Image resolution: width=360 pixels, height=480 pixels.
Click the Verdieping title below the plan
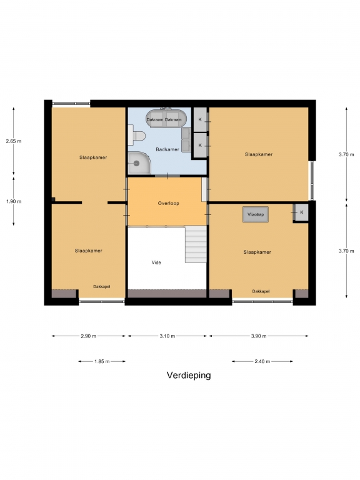point(189,375)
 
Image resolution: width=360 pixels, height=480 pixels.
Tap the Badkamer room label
point(167,149)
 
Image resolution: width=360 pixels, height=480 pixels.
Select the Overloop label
point(168,203)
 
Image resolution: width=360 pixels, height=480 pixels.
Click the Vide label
point(156,262)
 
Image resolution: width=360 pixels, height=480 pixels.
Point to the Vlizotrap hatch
point(256,214)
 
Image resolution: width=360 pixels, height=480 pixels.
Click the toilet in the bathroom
point(136,135)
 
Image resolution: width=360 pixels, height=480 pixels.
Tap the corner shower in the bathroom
point(139,163)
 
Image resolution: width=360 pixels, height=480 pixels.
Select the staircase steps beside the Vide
point(196,244)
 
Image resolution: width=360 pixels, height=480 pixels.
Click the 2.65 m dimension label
point(14,141)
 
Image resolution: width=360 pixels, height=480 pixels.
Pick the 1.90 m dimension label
point(14,201)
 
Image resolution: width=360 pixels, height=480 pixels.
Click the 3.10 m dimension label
point(167,336)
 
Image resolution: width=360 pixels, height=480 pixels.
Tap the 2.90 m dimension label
point(89,336)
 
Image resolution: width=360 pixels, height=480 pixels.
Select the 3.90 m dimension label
point(259,336)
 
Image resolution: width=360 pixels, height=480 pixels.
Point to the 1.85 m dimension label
point(102,361)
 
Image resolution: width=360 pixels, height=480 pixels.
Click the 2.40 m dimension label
point(262,361)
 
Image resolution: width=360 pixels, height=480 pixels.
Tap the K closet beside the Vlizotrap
point(301,212)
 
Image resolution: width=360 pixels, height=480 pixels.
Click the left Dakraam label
point(155,120)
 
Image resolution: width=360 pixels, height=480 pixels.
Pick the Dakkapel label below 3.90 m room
point(261,291)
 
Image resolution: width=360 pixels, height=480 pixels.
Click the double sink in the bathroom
point(186,139)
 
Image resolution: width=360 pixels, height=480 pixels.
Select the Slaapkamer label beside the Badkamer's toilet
point(93,157)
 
